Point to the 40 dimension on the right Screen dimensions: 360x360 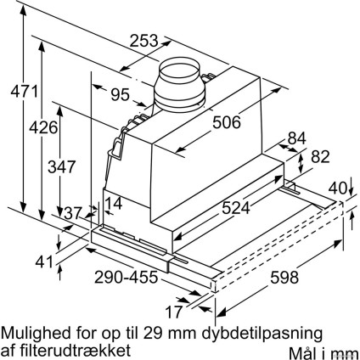tap(338, 188)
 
